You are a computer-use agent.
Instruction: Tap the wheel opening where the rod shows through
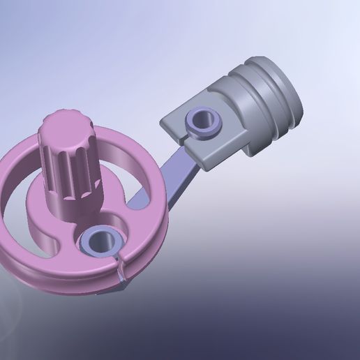click(x=143, y=202)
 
